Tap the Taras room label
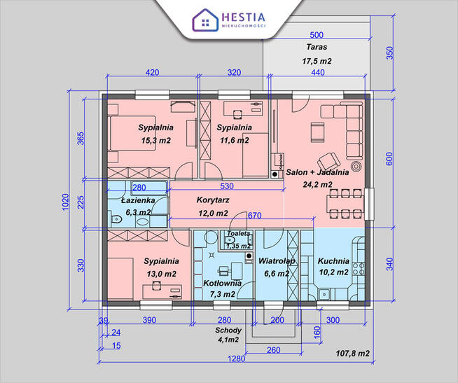pyautogui.click(x=317, y=48)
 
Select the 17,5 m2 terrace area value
pyautogui.click(x=317, y=61)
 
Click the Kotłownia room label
pyautogui.click(x=222, y=284)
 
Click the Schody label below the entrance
pyautogui.click(x=228, y=330)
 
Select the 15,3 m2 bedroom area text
pyautogui.click(x=155, y=140)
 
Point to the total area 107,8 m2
pyautogui.click(x=352, y=354)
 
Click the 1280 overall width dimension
pyautogui.click(x=237, y=358)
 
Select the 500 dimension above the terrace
pyautogui.click(x=316, y=35)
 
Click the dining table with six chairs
pyautogui.click(x=345, y=204)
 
